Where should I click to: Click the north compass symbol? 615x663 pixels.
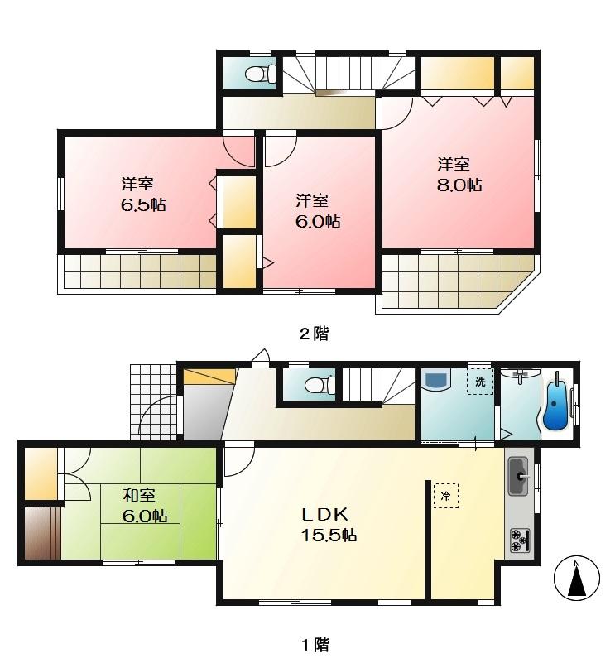click(x=576, y=578)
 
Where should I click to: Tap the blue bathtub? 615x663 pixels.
click(x=556, y=403)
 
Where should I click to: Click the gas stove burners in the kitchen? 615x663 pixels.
click(x=521, y=540)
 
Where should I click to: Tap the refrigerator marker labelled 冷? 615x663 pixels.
click(x=446, y=496)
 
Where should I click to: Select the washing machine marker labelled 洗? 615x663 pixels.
click(x=479, y=382)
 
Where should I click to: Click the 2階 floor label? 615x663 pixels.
click(x=313, y=334)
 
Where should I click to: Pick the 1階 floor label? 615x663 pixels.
click(x=313, y=643)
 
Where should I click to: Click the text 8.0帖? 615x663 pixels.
click(x=460, y=185)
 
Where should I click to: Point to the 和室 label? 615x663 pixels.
click(x=139, y=496)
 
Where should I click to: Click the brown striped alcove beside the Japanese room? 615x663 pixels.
click(x=42, y=531)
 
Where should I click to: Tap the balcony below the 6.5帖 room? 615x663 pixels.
click(x=137, y=271)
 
